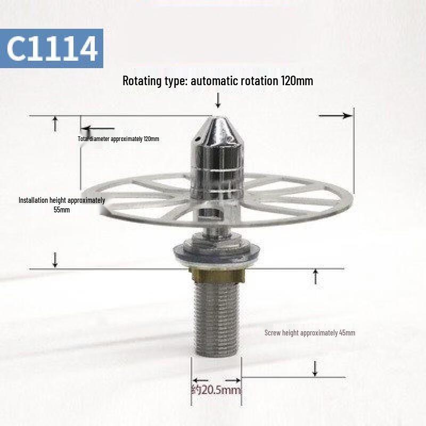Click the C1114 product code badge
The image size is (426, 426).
52,48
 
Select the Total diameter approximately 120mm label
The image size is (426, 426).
118,139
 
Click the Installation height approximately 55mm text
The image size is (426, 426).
62,205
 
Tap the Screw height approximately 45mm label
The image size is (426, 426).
309,333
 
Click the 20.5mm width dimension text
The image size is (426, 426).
216,390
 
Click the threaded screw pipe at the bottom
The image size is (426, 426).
216,319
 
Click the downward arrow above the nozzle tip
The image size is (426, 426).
217,100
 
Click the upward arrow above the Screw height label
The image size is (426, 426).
315,276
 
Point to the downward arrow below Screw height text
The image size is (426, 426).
315,368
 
